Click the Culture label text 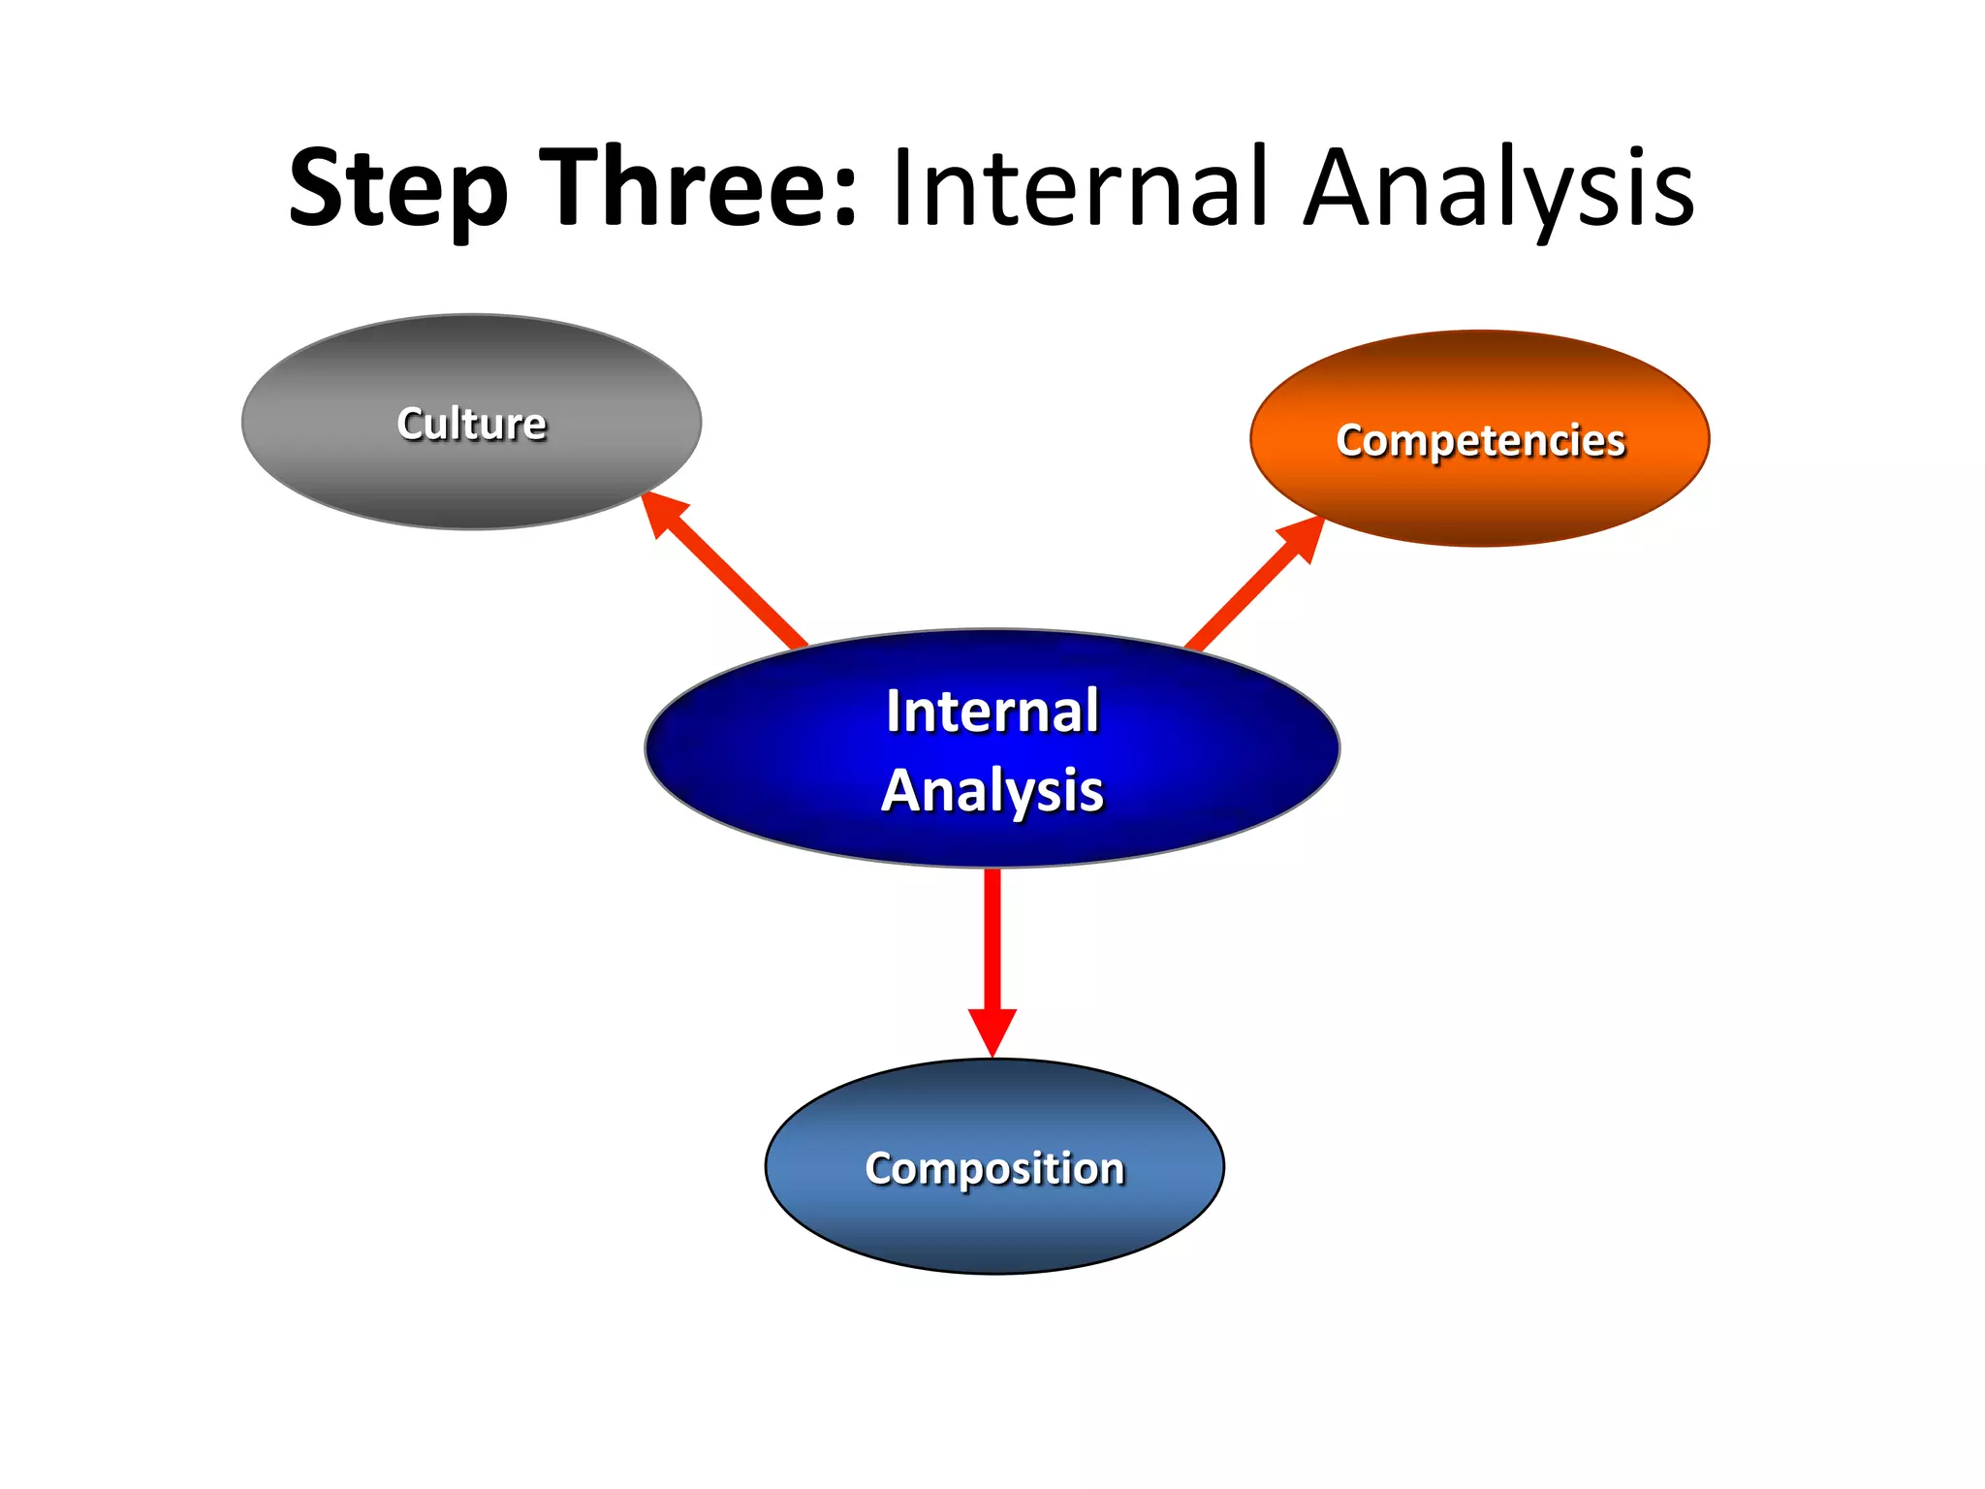tap(472, 424)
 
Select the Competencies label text tap(1480, 440)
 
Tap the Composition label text tap(994, 1168)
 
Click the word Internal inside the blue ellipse tap(992, 711)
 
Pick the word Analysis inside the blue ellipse tap(992, 790)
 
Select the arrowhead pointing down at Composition tap(992, 1030)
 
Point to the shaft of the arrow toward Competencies tap(1241, 601)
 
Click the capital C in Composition tap(880, 1168)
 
